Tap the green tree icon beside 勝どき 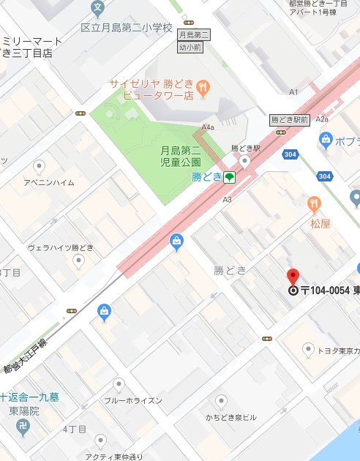[229, 177]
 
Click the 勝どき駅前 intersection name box [289, 119]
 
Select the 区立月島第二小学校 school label [127, 29]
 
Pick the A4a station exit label [209, 127]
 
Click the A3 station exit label [227, 199]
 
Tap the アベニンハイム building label [48, 182]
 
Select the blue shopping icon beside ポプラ [326, 138]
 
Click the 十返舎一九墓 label [29, 397]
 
